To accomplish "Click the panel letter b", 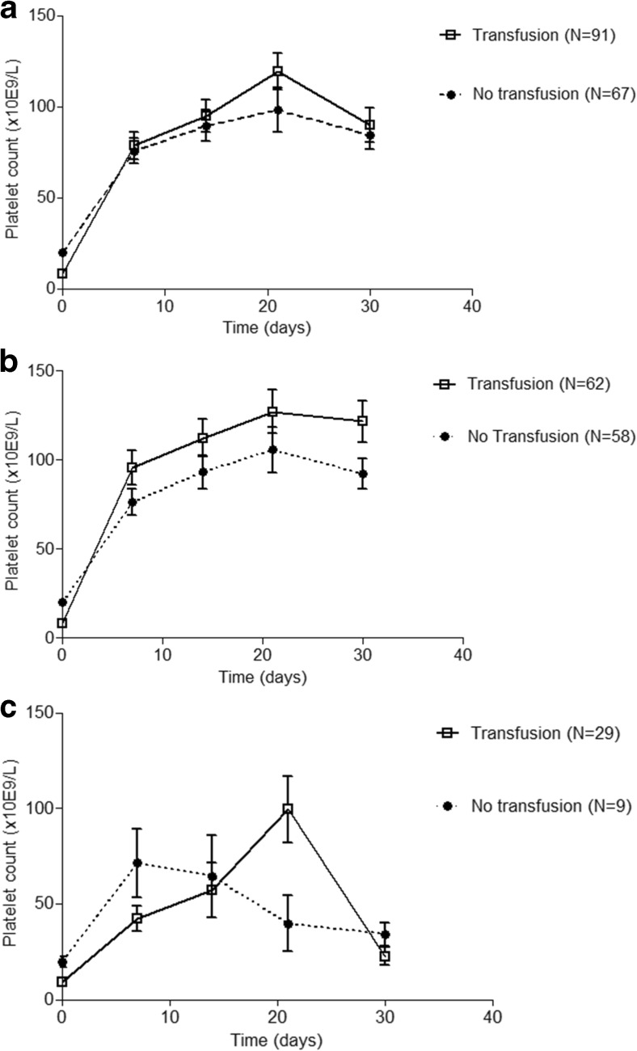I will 11,359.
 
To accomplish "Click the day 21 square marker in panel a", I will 278,71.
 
